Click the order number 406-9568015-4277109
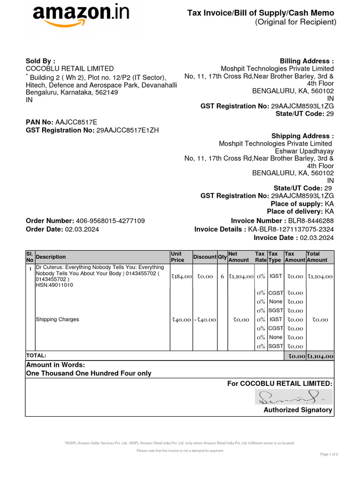pos(110,221)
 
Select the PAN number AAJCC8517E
pos(76,122)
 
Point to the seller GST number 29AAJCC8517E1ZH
pos(127,130)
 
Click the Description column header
pos(51,257)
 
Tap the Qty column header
pos(222,257)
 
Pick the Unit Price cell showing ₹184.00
pos(181,277)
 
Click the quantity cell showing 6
pos(222,277)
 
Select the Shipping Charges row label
pos(58,319)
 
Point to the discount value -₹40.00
pos(204,320)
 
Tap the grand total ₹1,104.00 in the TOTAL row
pos(320,356)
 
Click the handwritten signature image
pos(293,397)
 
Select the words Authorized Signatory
pos(298,410)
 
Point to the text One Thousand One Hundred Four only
pos(89,374)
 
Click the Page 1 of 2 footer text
pos(329,454)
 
